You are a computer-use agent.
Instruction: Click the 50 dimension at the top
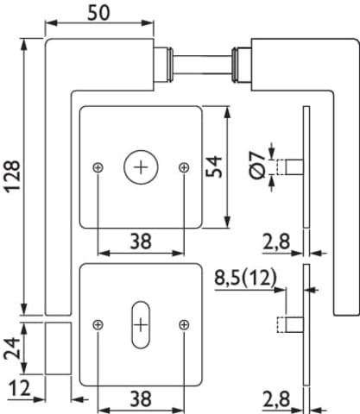[x=98, y=13]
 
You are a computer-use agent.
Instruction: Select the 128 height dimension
[x=13, y=177]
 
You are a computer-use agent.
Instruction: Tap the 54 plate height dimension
[x=214, y=166]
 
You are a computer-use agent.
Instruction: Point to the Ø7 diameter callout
[x=256, y=166]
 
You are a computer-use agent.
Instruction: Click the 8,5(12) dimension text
[x=245, y=278]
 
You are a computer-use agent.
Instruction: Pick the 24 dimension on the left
[x=12, y=348]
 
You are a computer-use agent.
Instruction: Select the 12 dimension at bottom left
[x=20, y=388]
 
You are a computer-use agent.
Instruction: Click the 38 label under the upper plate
[x=141, y=241]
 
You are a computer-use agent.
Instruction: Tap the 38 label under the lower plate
[x=141, y=399]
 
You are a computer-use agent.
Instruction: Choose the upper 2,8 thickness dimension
[x=276, y=241]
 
